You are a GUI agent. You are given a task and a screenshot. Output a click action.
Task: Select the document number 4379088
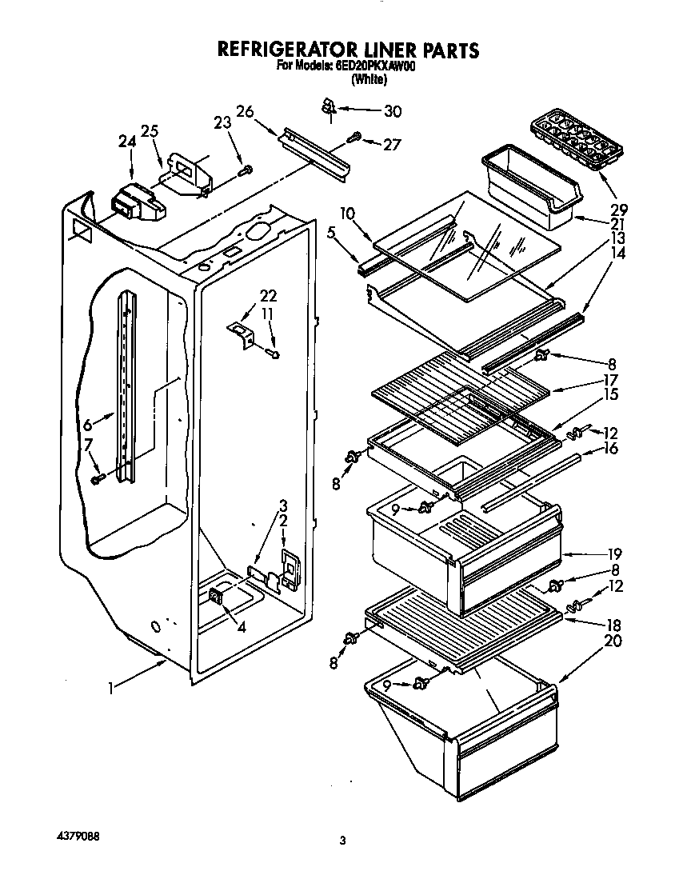click(x=78, y=833)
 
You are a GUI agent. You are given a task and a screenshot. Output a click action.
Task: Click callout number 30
click(x=393, y=111)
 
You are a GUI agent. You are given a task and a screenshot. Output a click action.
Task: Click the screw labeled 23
click(x=247, y=170)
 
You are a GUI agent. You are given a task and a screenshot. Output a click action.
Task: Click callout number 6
click(x=86, y=425)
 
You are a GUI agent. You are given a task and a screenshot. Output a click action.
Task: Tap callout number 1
click(x=113, y=685)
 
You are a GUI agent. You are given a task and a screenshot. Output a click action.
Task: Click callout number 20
click(x=612, y=640)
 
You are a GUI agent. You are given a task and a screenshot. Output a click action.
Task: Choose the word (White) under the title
click(x=369, y=80)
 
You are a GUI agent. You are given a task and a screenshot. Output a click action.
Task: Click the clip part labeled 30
click(x=328, y=105)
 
